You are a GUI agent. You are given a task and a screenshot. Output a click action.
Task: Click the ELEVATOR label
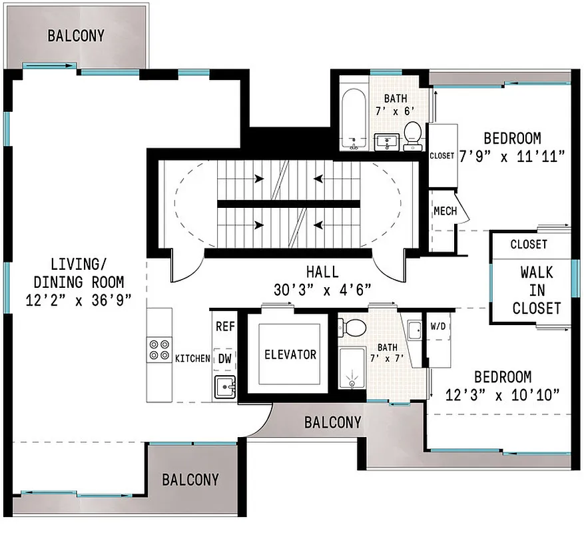[290, 354]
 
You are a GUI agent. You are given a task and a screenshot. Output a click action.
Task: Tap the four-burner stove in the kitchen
[159, 349]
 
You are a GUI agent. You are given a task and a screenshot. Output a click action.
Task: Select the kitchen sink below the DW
[224, 387]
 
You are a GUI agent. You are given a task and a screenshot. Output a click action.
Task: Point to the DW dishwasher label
[224, 358]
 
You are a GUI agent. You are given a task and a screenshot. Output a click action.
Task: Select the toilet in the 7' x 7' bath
[353, 327]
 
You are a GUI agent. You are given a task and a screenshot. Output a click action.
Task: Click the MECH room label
[445, 212]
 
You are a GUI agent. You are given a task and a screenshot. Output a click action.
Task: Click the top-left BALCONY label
[76, 36]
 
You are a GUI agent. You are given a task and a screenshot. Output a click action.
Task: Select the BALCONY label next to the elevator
[332, 422]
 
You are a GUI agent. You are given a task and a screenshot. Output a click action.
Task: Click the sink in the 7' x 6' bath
[386, 141]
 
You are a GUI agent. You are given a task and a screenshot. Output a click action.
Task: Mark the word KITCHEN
[192, 358]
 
